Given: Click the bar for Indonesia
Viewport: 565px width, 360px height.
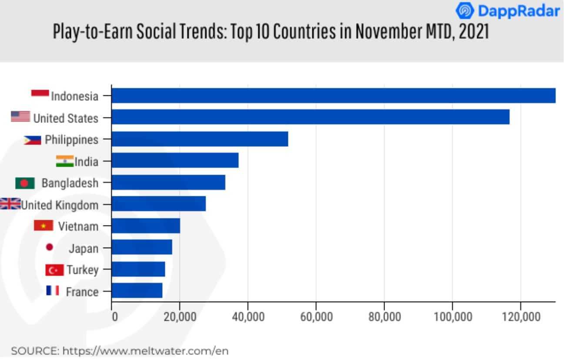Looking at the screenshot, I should pyautogui.click(x=334, y=96).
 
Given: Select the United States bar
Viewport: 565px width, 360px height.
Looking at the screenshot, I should pyautogui.click(x=311, y=118).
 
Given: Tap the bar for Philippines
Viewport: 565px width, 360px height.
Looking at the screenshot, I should pyautogui.click(x=200, y=139).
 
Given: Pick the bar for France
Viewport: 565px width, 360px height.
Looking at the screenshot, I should pyautogui.click(x=137, y=291).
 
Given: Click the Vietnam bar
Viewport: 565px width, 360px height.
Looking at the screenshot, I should pyautogui.click(x=146, y=226).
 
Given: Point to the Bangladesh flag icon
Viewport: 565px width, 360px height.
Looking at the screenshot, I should pyautogui.click(x=25, y=183).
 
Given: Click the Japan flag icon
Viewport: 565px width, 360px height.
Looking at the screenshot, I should pyautogui.click(x=50, y=247).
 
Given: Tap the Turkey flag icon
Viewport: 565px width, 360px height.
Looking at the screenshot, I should pyautogui.click(x=54, y=270).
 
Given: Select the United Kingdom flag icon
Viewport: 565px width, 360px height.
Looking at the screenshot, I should pyautogui.click(x=10, y=204).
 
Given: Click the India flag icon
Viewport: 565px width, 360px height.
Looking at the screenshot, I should pyautogui.click(x=64, y=161).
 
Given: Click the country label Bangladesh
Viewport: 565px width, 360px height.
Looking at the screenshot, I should pyautogui.click(x=70, y=183).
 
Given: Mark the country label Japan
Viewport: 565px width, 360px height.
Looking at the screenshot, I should pyautogui.click(x=84, y=249).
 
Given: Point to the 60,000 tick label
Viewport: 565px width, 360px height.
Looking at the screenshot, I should pyautogui.click(x=316, y=316).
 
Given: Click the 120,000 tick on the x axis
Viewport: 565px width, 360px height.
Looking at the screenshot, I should pyautogui.click(x=520, y=316).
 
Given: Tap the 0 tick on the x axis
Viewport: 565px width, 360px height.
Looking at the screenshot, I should pyautogui.click(x=114, y=316).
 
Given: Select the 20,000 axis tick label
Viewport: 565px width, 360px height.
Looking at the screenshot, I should pyautogui.click(x=180, y=316).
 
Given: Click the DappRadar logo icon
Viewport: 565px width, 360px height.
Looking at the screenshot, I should pyautogui.click(x=465, y=11).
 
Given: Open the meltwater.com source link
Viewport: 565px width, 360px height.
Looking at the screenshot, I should pyautogui.click(x=145, y=351).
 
